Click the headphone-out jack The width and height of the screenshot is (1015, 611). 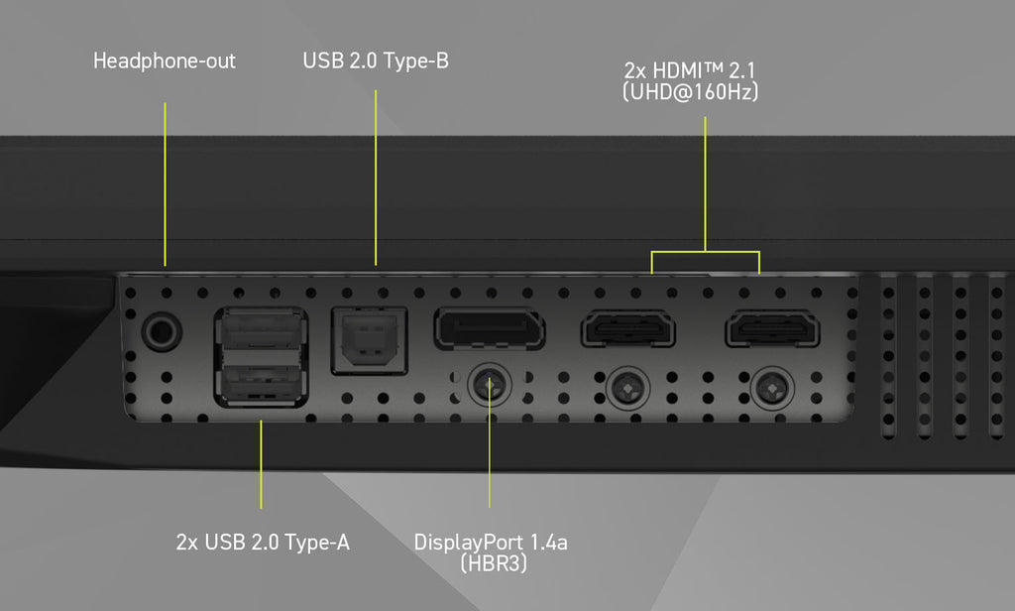click(x=162, y=331)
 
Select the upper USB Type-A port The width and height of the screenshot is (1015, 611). click(x=261, y=331)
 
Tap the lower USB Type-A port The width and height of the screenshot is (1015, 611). click(x=261, y=383)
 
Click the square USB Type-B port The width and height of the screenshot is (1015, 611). click(x=369, y=341)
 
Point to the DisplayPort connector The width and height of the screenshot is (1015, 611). click(x=490, y=328)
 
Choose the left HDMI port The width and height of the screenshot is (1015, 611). click(x=628, y=328)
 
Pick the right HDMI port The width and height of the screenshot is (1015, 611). click(x=772, y=328)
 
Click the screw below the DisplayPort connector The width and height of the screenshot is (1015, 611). click(x=490, y=386)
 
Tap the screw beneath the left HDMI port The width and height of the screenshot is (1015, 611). click(x=627, y=389)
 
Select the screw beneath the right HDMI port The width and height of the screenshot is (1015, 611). click(x=772, y=389)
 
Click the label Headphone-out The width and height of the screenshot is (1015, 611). click(x=165, y=61)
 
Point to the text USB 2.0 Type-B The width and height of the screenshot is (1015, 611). click(x=376, y=61)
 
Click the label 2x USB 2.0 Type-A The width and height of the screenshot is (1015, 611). click(x=263, y=543)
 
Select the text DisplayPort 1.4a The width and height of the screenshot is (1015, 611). click(x=491, y=543)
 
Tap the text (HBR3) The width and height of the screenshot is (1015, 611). click(x=494, y=563)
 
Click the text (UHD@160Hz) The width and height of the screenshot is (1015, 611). click(x=690, y=92)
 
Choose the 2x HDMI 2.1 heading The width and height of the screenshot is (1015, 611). click(x=690, y=70)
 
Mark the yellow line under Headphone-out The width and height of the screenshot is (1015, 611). click(x=166, y=184)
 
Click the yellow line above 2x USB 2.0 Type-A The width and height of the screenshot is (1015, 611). click(x=261, y=464)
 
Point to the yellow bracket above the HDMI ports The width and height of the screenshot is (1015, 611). click(x=705, y=251)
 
